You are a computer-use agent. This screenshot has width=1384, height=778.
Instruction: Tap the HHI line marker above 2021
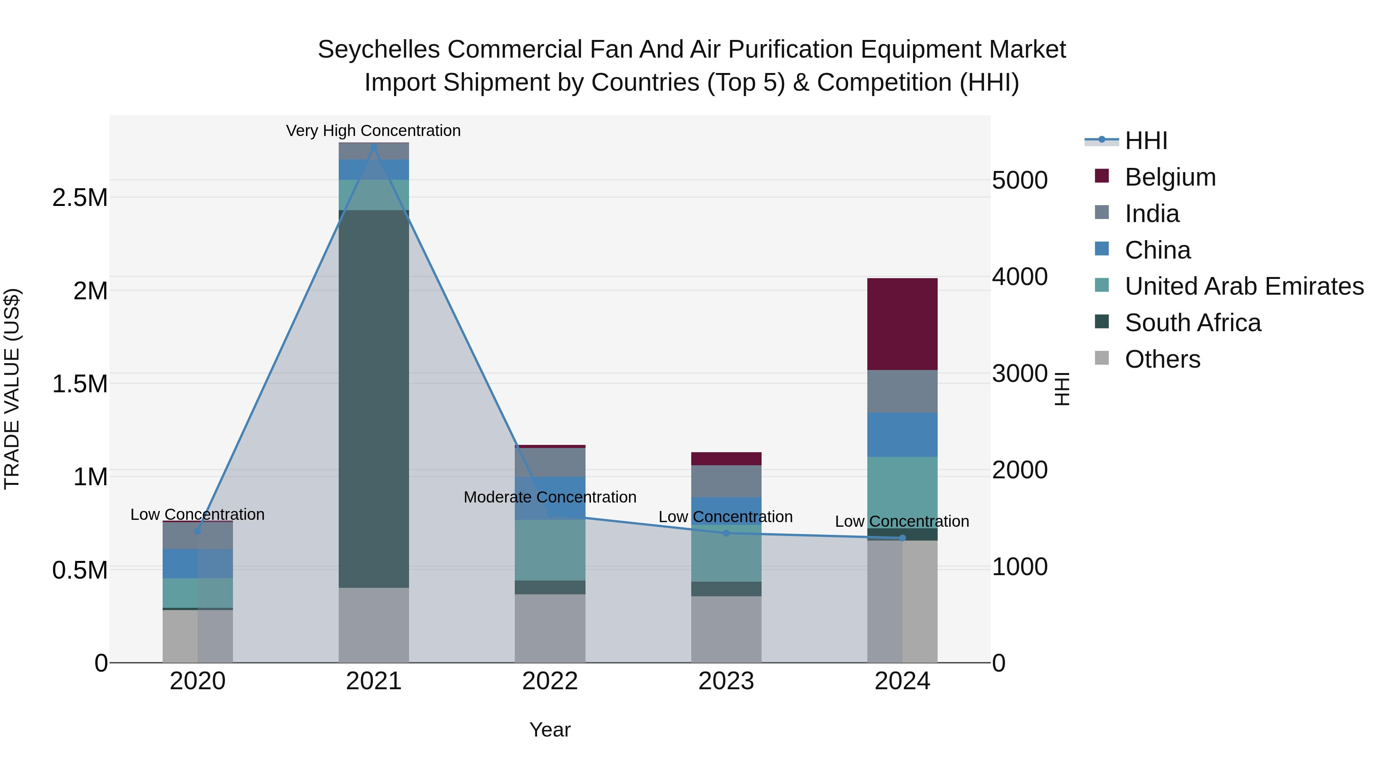(374, 147)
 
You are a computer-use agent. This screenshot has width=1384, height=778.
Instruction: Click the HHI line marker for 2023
(726, 533)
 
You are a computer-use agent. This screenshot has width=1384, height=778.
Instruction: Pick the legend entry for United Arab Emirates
(1244, 286)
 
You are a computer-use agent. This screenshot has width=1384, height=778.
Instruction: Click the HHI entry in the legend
(1146, 141)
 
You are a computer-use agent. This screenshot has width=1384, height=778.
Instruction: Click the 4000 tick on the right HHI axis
(1019, 277)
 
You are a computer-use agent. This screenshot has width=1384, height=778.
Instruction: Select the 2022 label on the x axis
(550, 681)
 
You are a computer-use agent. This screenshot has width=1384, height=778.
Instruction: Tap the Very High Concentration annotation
(373, 131)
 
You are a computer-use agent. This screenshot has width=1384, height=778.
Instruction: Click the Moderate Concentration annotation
(550, 497)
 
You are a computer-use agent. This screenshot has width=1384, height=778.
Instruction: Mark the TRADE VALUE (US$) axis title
(12, 389)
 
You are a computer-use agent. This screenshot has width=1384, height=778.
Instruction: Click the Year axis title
(550, 730)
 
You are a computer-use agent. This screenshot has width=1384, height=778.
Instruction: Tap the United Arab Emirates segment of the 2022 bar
(550, 550)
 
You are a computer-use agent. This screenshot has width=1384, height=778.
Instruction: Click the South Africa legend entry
(1192, 323)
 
